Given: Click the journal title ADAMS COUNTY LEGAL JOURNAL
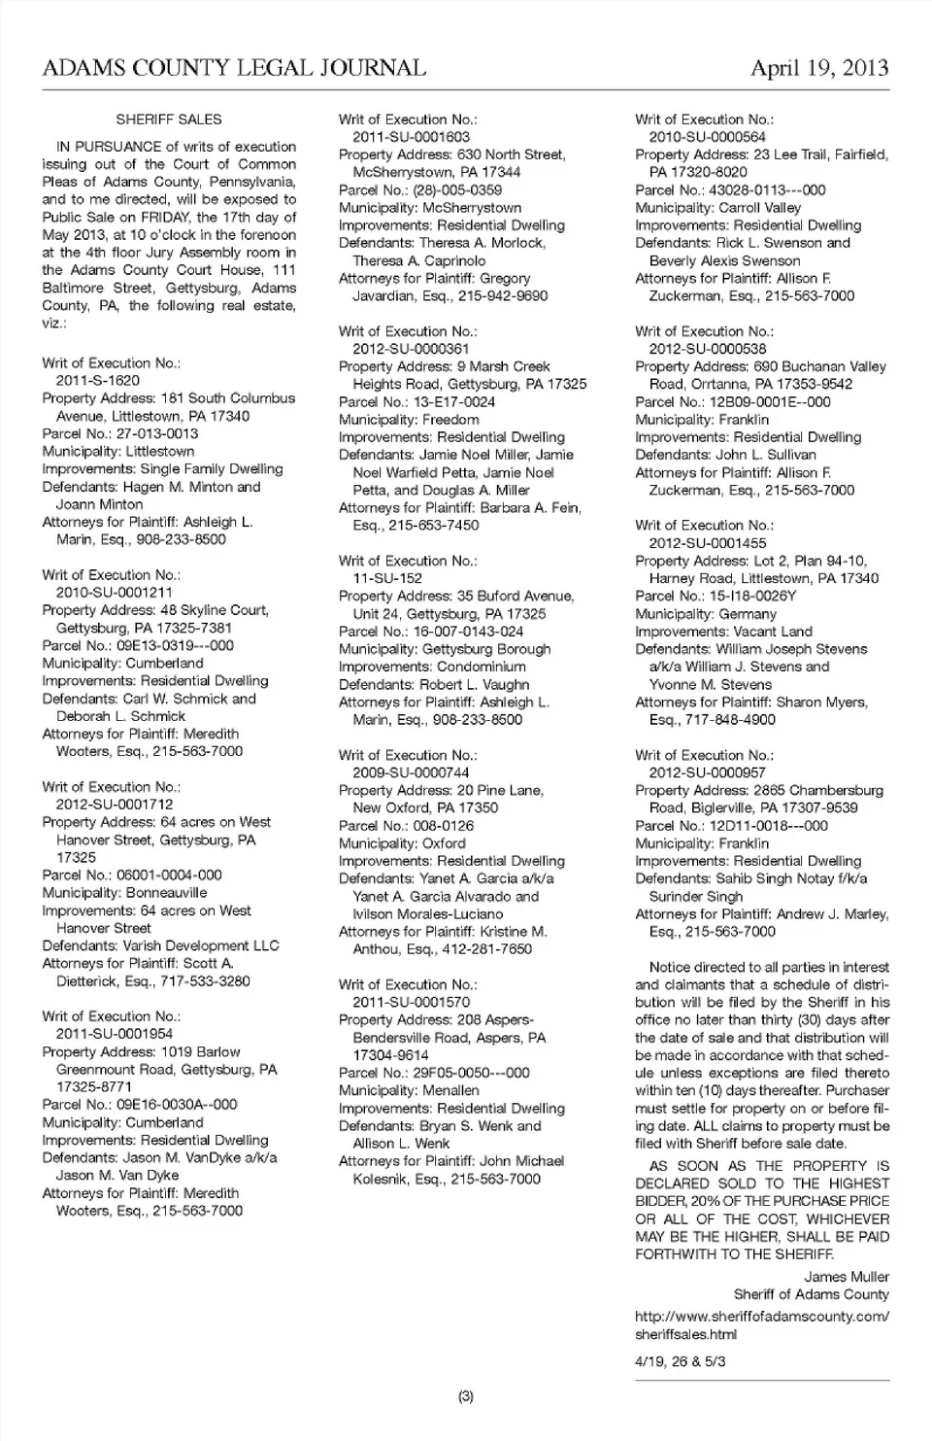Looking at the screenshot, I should click(234, 68).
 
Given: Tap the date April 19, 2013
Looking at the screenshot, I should click(819, 68).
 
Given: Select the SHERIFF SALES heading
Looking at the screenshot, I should click(169, 120).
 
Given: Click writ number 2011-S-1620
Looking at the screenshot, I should click(97, 381).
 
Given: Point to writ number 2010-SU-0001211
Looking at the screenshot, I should click(114, 593).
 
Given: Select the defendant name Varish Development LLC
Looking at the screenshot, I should click(201, 945).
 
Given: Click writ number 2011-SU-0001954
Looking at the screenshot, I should click(114, 1034).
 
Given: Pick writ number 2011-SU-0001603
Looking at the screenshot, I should click(411, 137).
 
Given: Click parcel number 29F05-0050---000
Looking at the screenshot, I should click(468, 1074).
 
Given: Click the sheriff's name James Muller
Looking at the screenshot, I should click(847, 1277).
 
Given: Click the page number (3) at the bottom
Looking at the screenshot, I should click(465, 1396).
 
